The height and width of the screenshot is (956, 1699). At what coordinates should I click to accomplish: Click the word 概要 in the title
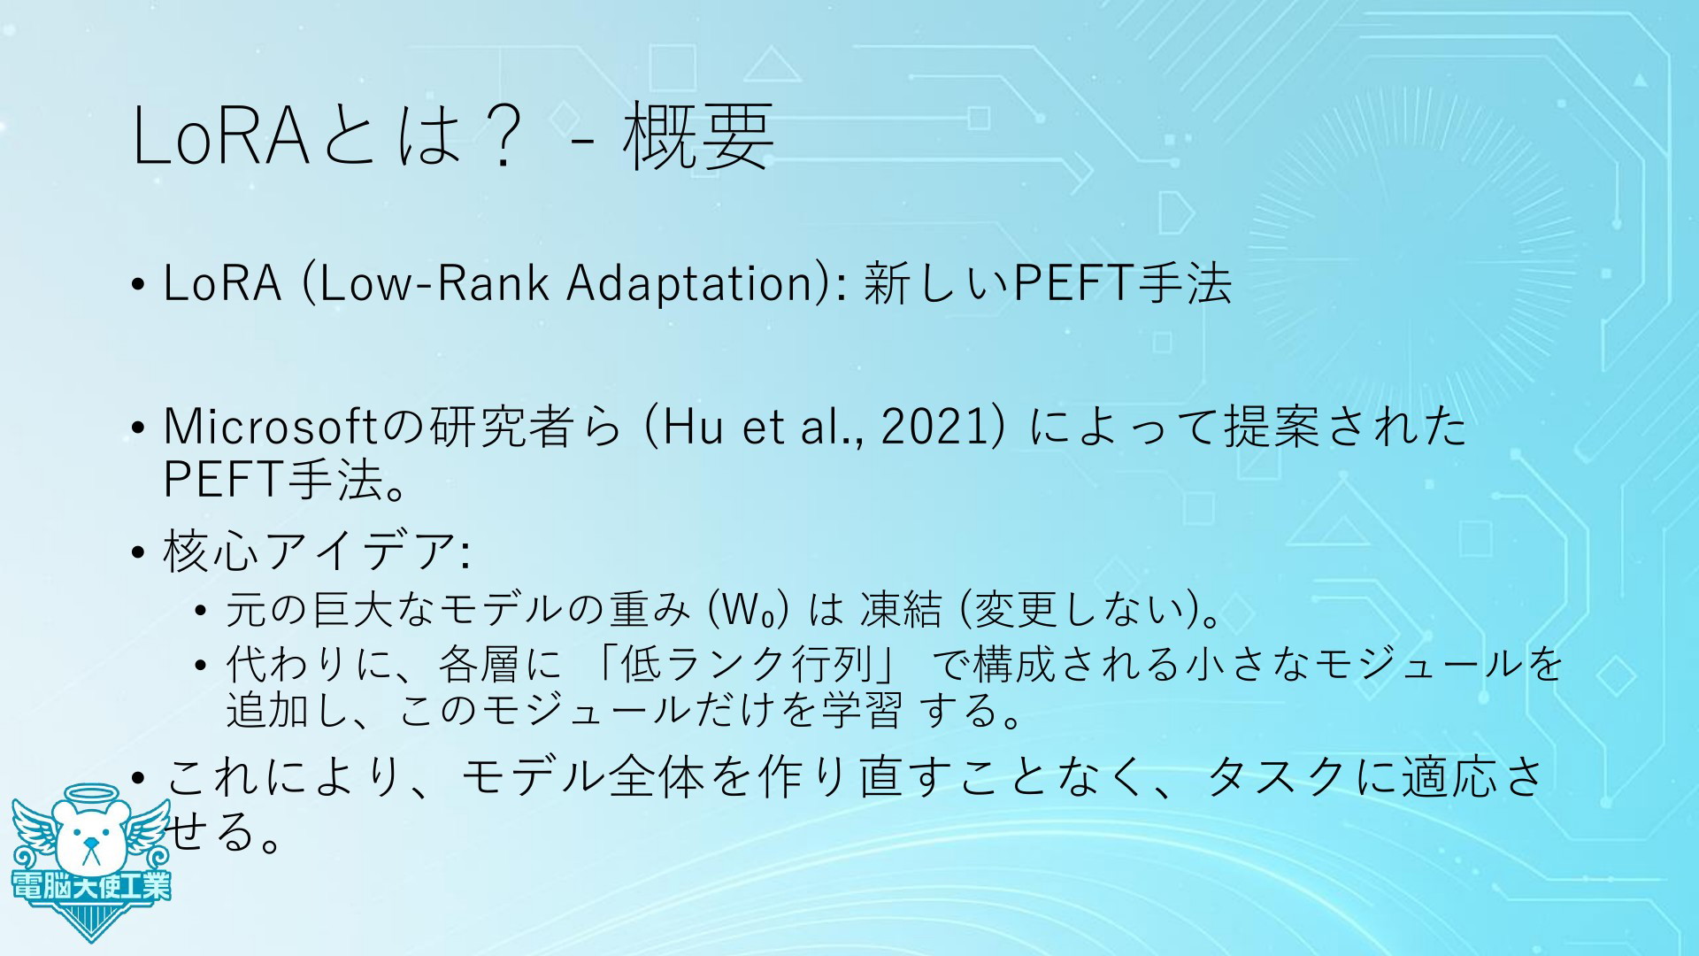tap(699, 136)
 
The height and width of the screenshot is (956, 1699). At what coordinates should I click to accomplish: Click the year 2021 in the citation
tap(936, 427)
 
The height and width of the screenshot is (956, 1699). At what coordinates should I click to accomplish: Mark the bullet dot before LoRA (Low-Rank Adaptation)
tap(137, 286)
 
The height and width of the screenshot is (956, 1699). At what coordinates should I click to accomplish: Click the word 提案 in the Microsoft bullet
tap(1261, 427)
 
